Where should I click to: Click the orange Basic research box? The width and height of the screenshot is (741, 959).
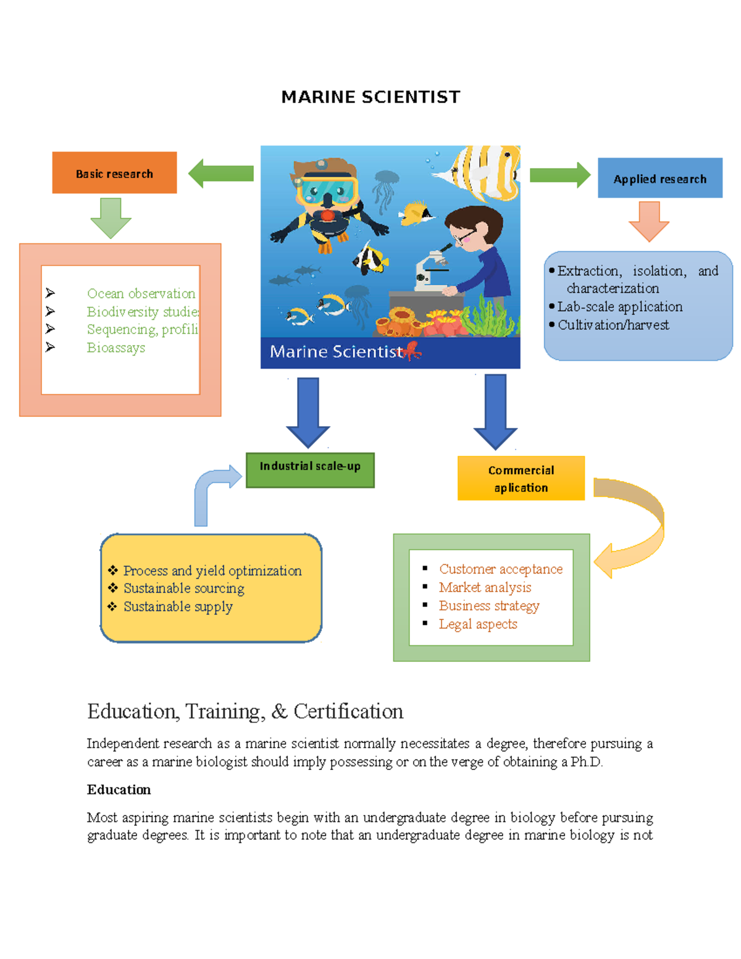(x=114, y=173)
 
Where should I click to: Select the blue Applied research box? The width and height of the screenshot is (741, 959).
(x=659, y=178)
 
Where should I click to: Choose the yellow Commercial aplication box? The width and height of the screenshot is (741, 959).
(x=521, y=479)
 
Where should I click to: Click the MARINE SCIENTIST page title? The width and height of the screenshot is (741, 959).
(x=371, y=97)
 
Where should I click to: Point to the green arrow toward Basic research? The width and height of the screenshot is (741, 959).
(x=220, y=174)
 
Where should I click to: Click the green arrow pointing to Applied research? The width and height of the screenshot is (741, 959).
(x=559, y=175)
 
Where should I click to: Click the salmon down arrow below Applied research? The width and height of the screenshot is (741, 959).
(x=649, y=221)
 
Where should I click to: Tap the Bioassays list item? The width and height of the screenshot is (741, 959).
(x=116, y=348)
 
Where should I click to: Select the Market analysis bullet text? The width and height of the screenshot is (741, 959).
(x=485, y=587)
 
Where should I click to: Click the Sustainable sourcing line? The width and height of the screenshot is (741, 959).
(x=183, y=588)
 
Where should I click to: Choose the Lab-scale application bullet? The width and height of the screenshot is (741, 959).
(x=619, y=307)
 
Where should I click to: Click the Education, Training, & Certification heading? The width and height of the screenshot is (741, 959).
(x=245, y=711)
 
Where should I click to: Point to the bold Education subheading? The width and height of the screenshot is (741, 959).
(x=119, y=790)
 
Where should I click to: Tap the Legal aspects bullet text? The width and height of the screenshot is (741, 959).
(x=478, y=624)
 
